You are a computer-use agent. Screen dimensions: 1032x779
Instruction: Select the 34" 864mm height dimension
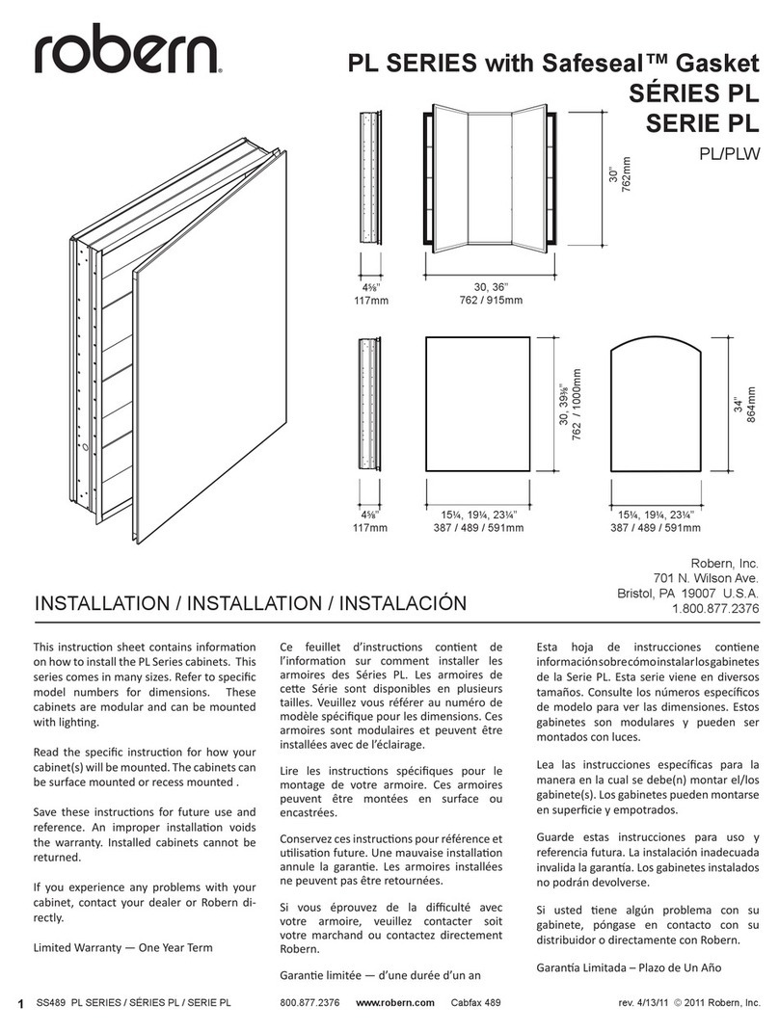(746, 407)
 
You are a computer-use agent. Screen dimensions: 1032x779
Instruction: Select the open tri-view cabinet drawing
(488, 178)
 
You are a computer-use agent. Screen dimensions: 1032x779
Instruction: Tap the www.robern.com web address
(395, 1002)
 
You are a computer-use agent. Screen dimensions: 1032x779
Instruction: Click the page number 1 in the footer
(20, 1003)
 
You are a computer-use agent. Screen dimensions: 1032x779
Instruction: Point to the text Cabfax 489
(476, 1002)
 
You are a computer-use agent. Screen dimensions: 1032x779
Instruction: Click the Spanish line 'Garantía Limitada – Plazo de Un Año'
(627, 966)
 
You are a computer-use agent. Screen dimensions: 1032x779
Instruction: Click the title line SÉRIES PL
(687, 94)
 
